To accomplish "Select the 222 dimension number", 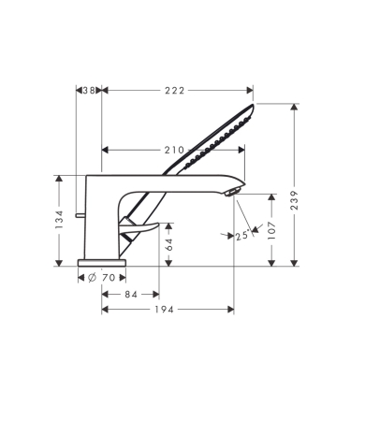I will click(x=176, y=91).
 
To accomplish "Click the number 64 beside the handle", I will click(x=169, y=246).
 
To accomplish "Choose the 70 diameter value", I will click(x=109, y=278).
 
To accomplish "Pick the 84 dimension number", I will click(x=132, y=295).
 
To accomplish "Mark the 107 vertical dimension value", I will click(x=272, y=230).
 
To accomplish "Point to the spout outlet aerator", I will click(x=235, y=191).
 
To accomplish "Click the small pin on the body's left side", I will click(x=81, y=217).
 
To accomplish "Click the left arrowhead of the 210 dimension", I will click(x=104, y=149).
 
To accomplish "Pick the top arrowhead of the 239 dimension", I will click(x=297, y=107).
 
